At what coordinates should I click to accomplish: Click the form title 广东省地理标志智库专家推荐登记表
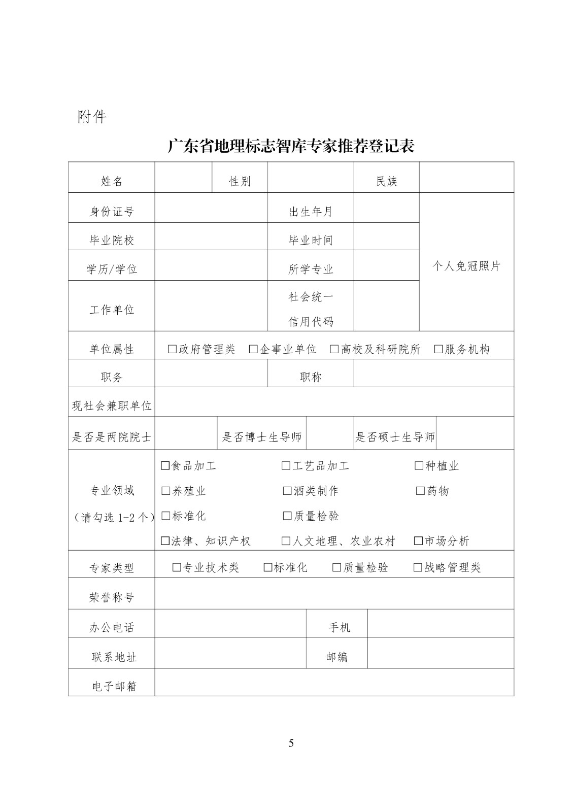291,146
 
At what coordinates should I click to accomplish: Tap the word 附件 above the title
92,117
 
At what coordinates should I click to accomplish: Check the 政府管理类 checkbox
173,349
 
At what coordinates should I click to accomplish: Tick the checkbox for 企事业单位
253,349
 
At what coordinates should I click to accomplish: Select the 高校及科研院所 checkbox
334,349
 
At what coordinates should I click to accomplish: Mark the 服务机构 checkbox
438,349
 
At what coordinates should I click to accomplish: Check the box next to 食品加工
165,465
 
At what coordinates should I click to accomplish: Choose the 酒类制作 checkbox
287,491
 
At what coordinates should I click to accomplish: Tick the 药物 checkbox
420,491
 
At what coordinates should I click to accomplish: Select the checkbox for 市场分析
418,541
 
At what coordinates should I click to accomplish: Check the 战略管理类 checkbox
418,567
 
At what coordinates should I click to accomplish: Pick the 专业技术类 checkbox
177,567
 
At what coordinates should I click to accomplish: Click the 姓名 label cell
112,181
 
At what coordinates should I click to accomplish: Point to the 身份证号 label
112,212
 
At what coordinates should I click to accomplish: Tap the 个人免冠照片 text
466,266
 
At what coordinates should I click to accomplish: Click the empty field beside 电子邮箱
334,683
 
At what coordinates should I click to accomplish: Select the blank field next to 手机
441,624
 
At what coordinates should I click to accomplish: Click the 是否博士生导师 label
262,437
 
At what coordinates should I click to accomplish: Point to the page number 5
291,743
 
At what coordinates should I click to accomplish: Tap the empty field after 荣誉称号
334,594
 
